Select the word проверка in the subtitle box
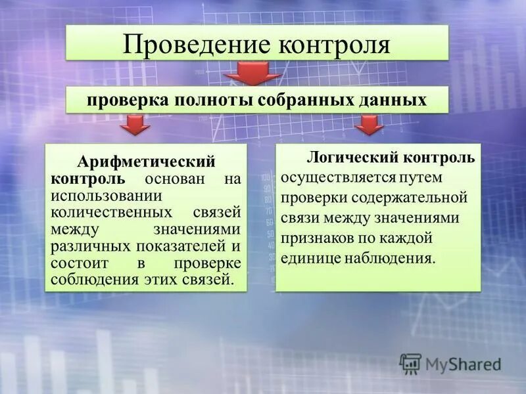(124, 100)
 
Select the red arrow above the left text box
(135, 125)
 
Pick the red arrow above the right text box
(370, 125)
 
